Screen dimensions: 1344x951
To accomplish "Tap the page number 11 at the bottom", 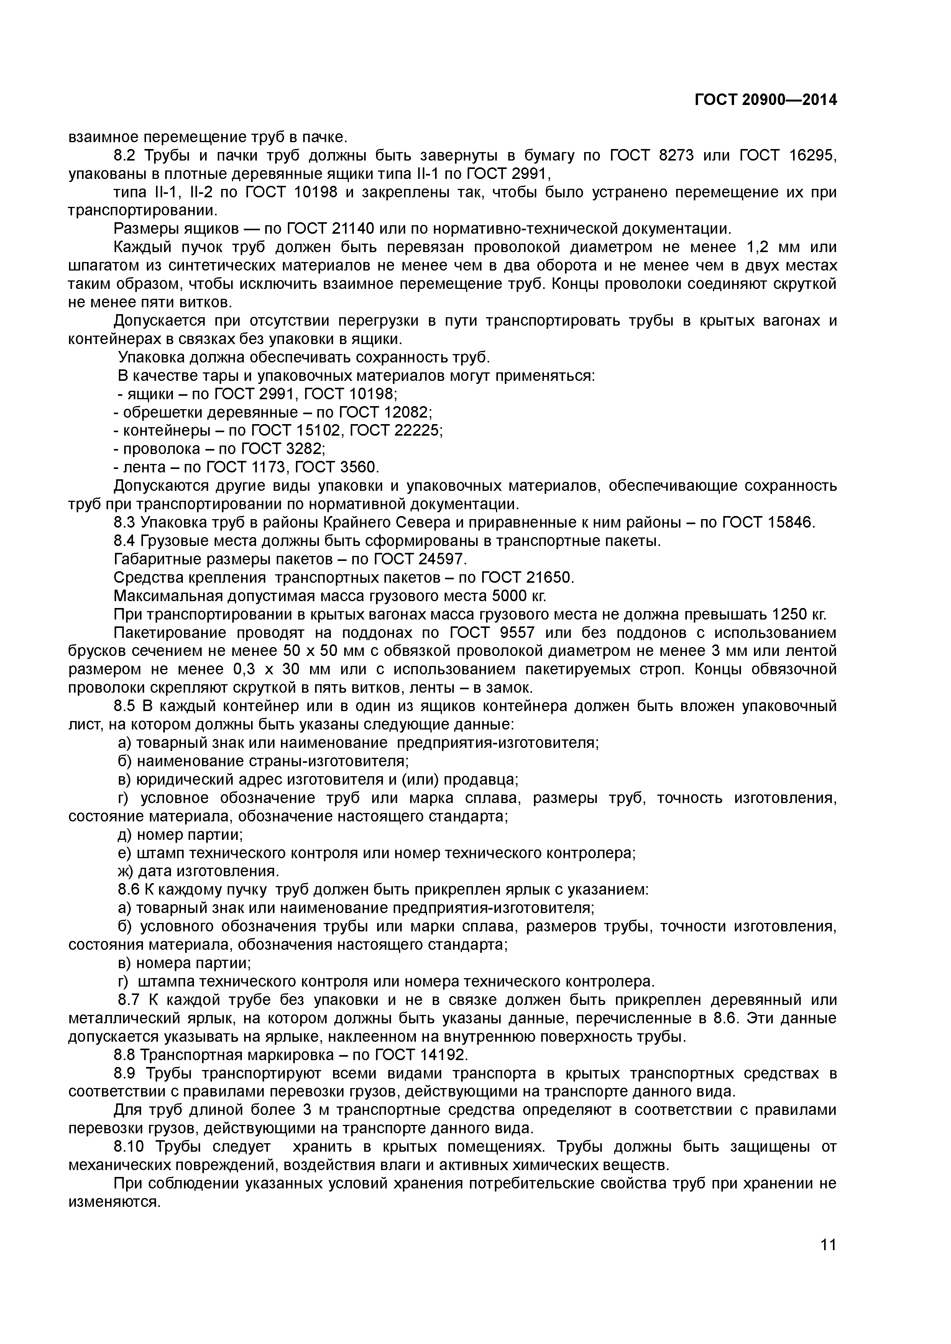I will (828, 1275).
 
